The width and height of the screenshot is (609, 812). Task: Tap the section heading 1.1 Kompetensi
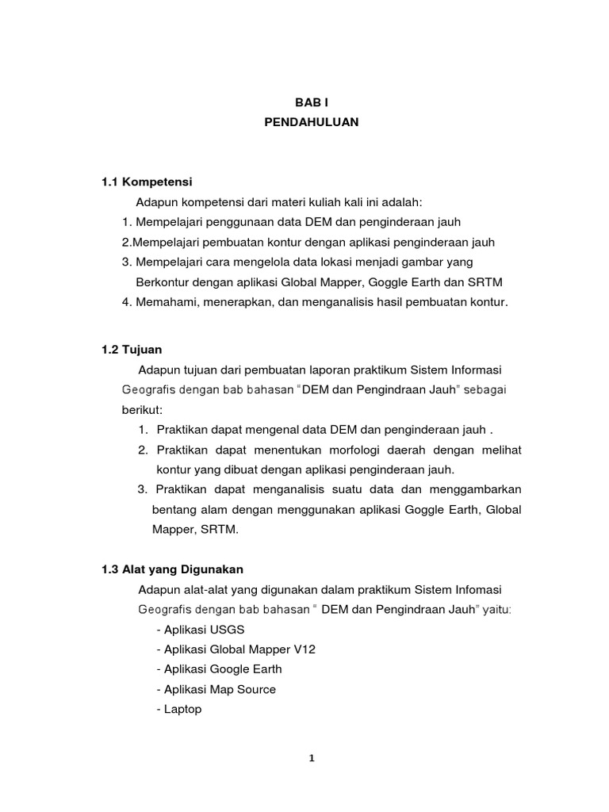(x=147, y=182)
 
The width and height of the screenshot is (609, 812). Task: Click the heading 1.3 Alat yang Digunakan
(x=172, y=569)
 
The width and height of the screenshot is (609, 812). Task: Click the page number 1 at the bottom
(x=312, y=758)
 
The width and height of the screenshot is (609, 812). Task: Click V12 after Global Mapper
(x=303, y=649)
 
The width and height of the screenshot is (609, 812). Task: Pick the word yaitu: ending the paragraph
(x=495, y=610)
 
